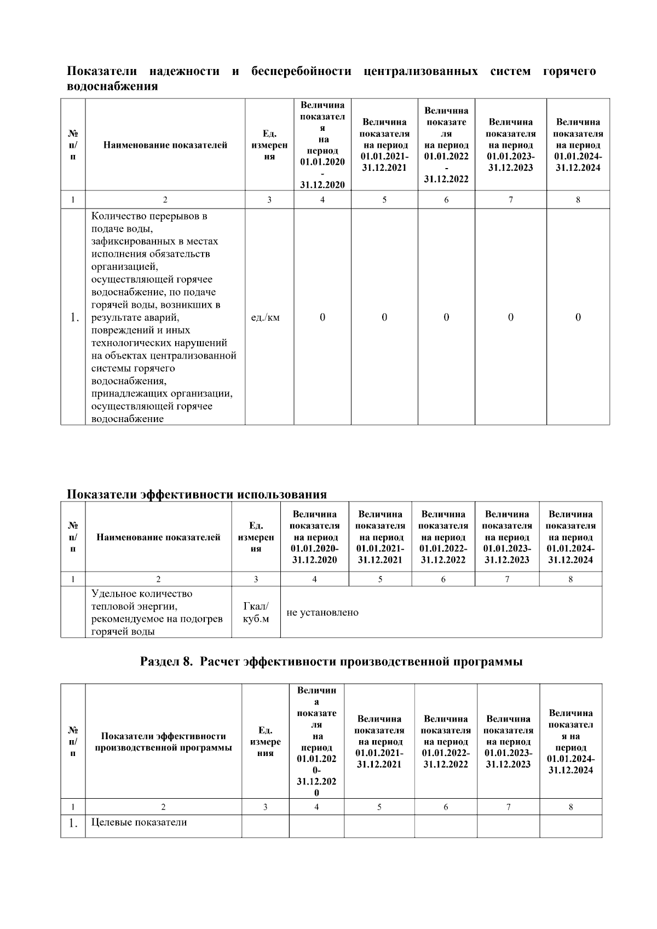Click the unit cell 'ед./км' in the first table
click(265, 318)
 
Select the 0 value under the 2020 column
click(322, 317)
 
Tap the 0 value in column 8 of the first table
click(578, 317)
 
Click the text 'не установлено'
click(322, 613)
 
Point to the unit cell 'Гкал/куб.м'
click(256, 613)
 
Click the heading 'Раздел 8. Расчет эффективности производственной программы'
click(331, 662)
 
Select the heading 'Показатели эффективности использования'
click(197, 494)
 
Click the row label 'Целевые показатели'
click(139, 822)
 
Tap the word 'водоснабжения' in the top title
click(112, 86)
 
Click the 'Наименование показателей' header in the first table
click(165, 145)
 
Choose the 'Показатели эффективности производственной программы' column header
click(164, 742)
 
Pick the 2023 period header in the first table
click(510, 145)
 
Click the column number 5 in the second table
click(380, 579)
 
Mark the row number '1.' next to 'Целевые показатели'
click(73, 823)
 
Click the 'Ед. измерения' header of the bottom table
click(266, 742)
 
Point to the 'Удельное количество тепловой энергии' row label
click(157, 613)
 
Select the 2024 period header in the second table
click(570, 537)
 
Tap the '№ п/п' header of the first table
click(73, 145)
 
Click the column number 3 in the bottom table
click(266, 807)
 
